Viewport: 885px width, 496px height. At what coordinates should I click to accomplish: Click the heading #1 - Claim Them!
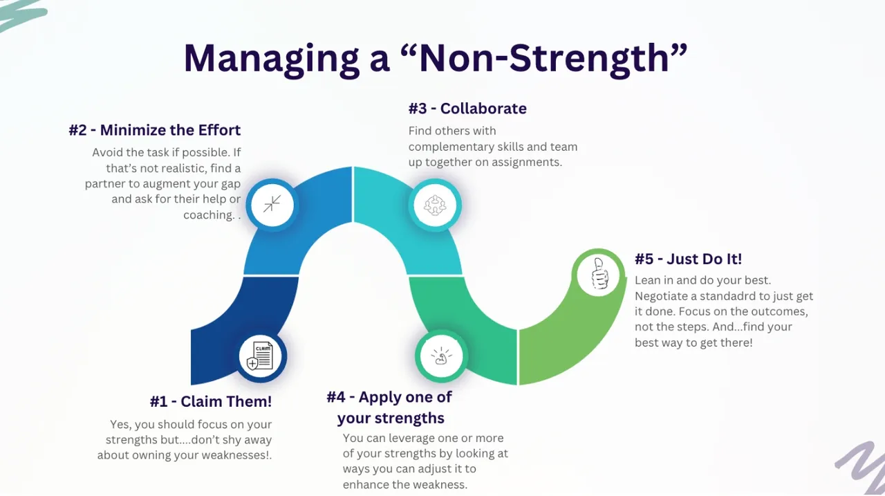(210, 401)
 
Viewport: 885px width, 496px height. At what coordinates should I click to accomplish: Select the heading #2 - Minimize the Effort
(154, 130)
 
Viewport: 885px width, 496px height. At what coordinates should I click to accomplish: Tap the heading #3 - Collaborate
(467, 109)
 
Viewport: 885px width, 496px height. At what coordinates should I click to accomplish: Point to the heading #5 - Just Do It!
(687, 259)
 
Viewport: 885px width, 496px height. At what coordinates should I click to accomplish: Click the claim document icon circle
(260, 356)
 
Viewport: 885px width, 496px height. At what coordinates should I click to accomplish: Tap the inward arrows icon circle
(272, 204)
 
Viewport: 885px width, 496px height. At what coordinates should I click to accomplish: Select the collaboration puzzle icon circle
(434, 205)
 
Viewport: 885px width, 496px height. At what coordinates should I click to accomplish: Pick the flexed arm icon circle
(441, 356)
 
